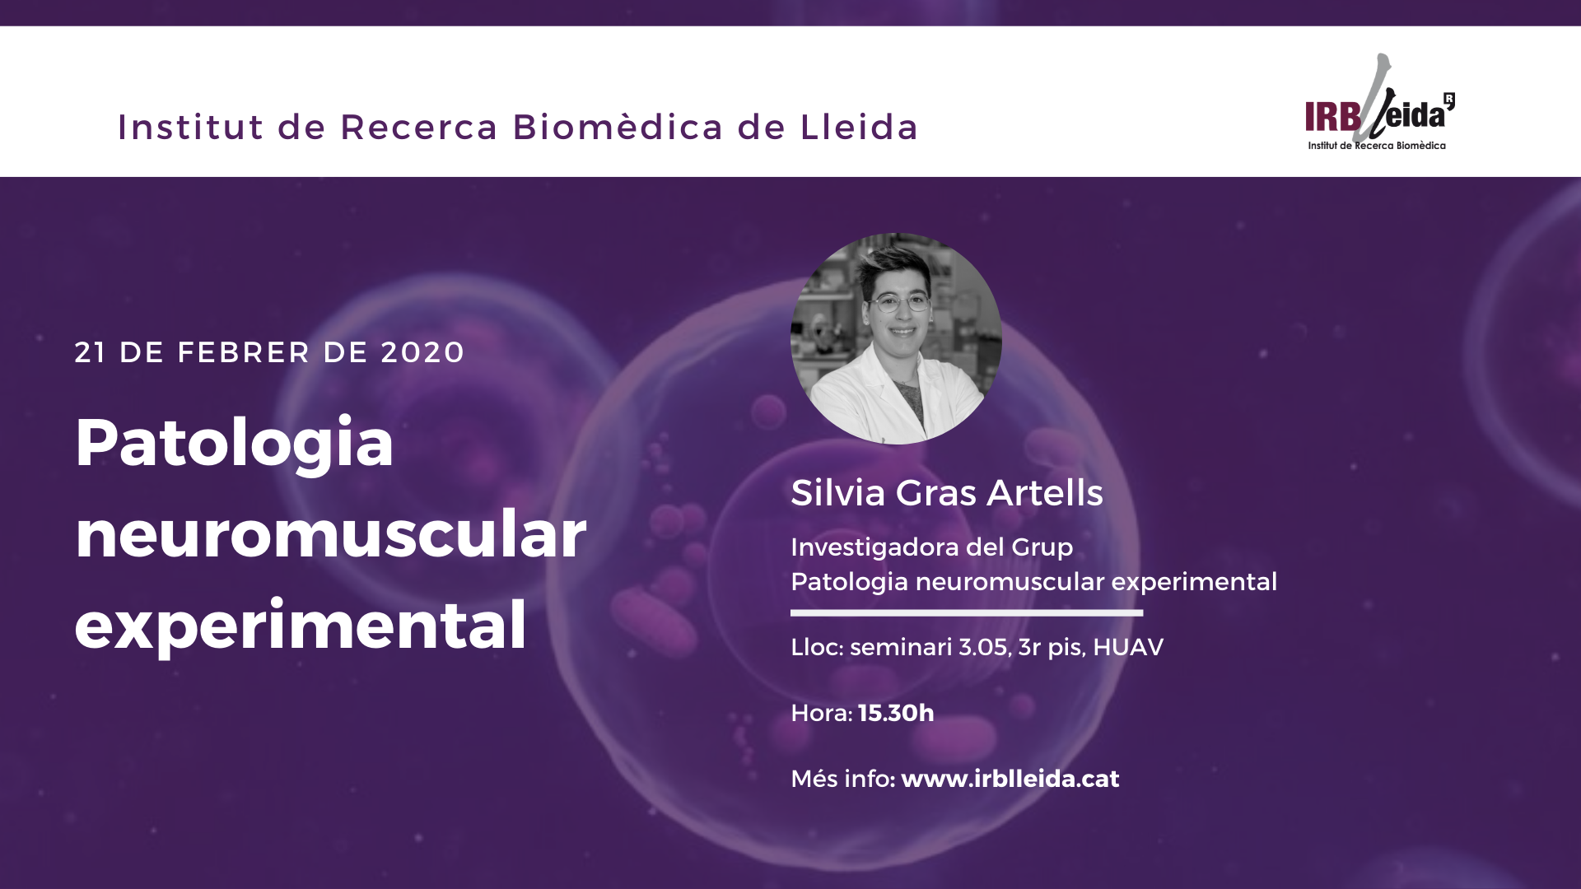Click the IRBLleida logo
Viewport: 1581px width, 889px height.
tap(1380, 102)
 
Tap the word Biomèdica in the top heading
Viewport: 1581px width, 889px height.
tap(618, 127)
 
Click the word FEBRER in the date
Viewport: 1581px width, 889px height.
tap(244, 352)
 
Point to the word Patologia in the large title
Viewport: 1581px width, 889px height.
tap(235, 444)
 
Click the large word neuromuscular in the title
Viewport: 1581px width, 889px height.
tap(331, 533)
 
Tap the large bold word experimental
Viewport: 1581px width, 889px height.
tap(301, 626)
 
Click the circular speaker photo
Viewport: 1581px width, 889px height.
tap(896, 338)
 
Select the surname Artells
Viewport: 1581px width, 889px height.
tap(1045, 492)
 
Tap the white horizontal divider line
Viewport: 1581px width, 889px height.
tap(967, 612)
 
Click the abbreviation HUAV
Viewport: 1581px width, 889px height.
tap(1128, 647)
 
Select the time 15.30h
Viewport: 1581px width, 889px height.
tap(896, 713)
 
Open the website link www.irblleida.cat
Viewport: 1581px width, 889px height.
tap(1010, 779)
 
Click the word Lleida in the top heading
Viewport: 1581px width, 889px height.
tap(859, 127)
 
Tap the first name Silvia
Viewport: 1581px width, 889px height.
tap(837, 492)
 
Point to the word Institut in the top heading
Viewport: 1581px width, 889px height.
tap(191, 127)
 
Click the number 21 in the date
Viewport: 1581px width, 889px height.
tap(90, 352)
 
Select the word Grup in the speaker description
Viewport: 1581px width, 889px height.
tap(1042, 548)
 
